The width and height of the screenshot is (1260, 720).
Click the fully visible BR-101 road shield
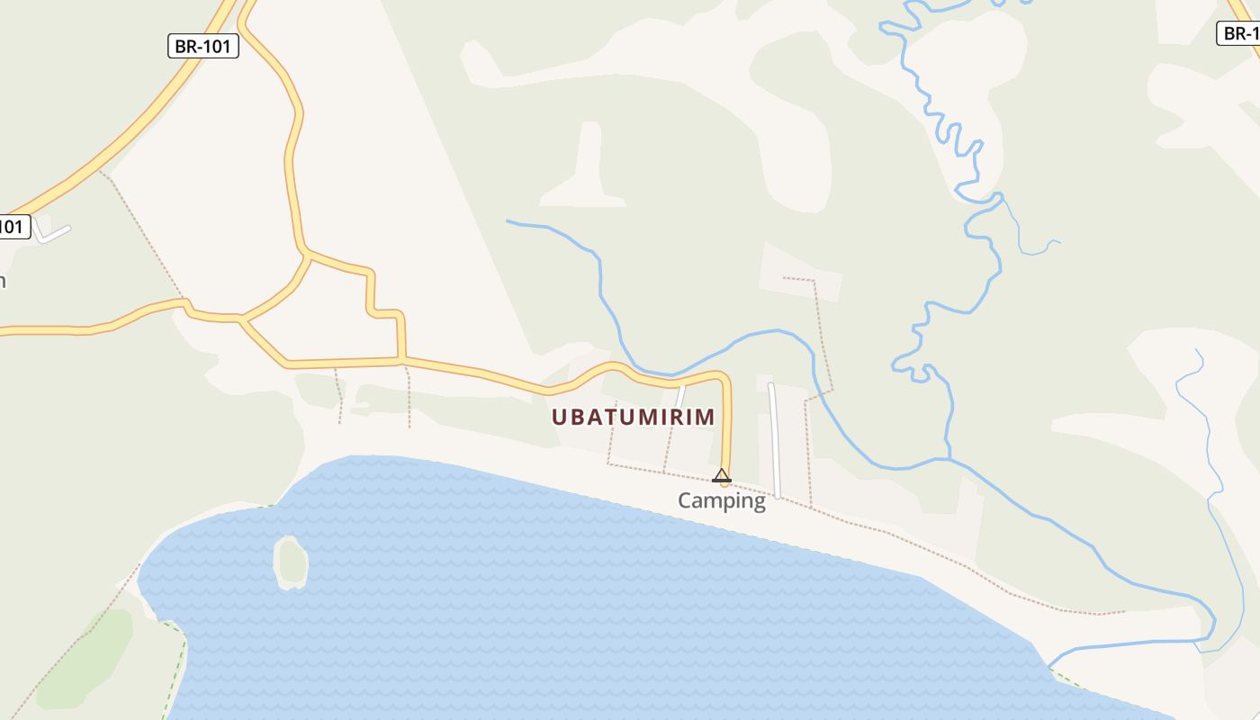pyautogui.click(x=203, y=46)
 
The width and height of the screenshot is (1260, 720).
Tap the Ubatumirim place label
pyautogui.click(x=633, y=417)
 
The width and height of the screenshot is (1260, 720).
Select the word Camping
pyautogui.click(x=721, y=500)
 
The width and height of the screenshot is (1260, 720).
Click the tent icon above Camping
pyautogui.click(x=721, y=475)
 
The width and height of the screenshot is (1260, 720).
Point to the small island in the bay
pyautogui.click(x=291, y=562)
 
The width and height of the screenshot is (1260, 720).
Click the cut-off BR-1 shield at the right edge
pyautogui.click(x=1239, y=33)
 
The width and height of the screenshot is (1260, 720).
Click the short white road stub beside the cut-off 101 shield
pyautogui.click(x=54, y=233)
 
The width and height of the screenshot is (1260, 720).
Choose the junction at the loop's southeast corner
pyautogui.click(x=402, y=361)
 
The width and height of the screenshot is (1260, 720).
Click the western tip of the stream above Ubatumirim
pyautogui.click(x=508, y=220)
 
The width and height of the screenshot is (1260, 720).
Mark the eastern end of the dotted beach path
pyautogui.click(x=1123, y=612)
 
